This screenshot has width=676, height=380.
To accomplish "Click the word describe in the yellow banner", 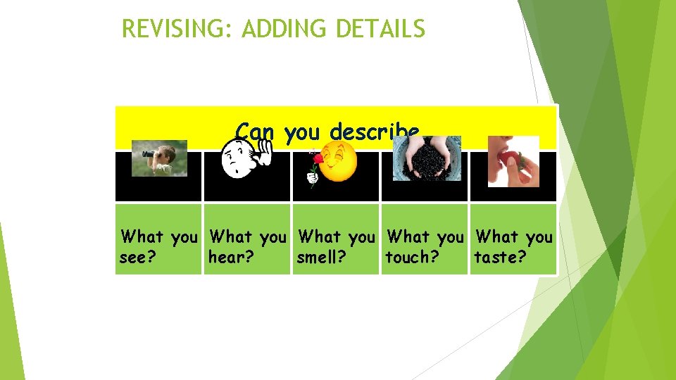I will (375, 132).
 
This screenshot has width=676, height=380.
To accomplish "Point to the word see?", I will (137, 258).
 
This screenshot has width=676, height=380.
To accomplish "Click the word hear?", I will (231, 258).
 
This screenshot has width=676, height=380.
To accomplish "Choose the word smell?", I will (321, 258).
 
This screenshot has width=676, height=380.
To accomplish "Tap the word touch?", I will (412, 258).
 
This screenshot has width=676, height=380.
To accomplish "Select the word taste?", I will (500, 258).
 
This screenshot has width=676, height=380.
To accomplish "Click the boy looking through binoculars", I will (160, 158).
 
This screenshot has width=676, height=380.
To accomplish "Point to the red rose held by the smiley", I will (318, 161).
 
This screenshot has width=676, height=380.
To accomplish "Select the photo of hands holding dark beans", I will (427, 158).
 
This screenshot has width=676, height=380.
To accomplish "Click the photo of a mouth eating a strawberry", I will (513, 161).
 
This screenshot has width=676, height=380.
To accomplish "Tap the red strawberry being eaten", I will (508, 158).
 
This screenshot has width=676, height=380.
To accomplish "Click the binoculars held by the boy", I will (150, 153).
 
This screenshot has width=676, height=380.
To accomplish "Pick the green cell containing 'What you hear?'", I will (246, 239).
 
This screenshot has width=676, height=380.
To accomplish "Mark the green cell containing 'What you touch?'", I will (425, 239).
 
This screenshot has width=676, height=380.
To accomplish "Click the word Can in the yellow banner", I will (254, 132).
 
